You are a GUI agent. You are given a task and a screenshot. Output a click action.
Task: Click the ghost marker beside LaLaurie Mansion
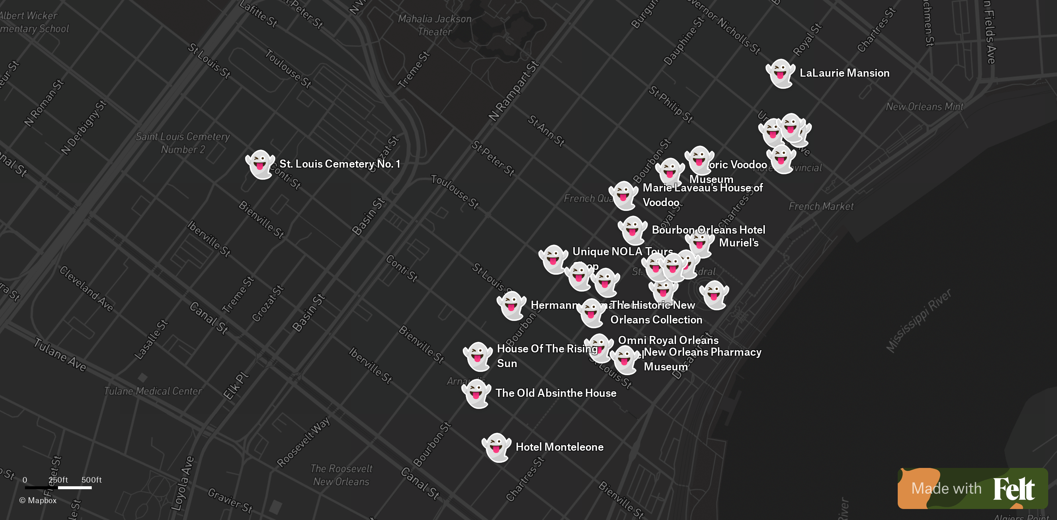tap(780, 73)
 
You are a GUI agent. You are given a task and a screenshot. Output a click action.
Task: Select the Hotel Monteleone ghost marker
tap(496, 447)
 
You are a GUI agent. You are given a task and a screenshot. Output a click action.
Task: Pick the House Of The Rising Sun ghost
tap(477, 356)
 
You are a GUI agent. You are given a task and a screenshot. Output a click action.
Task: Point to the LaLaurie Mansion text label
tap(844, 73)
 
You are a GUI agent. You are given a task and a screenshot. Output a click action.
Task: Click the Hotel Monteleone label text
tap(559, 447)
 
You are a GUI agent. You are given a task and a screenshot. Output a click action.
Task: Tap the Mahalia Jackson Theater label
tap(435, 25)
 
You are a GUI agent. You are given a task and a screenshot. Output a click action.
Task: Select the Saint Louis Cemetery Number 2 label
tap(183, 143)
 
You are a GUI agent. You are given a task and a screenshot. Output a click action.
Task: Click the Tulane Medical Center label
tap(153, 391)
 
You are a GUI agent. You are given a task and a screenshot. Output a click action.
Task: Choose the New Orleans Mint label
tap(924, 107)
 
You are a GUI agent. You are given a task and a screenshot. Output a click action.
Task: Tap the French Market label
tap(821, 206)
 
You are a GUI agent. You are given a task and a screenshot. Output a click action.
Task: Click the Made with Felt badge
tap(973, 488)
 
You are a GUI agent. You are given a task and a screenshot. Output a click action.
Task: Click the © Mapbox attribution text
tap(38, 500)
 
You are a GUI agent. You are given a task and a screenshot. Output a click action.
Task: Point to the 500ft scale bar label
tap(91, 480)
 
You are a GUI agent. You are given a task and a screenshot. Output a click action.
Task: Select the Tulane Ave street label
tap(60, 355)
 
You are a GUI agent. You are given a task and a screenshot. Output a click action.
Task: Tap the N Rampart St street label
tap(513, 91)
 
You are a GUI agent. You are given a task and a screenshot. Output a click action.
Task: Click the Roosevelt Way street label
tap(303, 442)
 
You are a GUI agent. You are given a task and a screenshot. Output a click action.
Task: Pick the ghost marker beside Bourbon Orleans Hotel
tap(632, 230)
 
